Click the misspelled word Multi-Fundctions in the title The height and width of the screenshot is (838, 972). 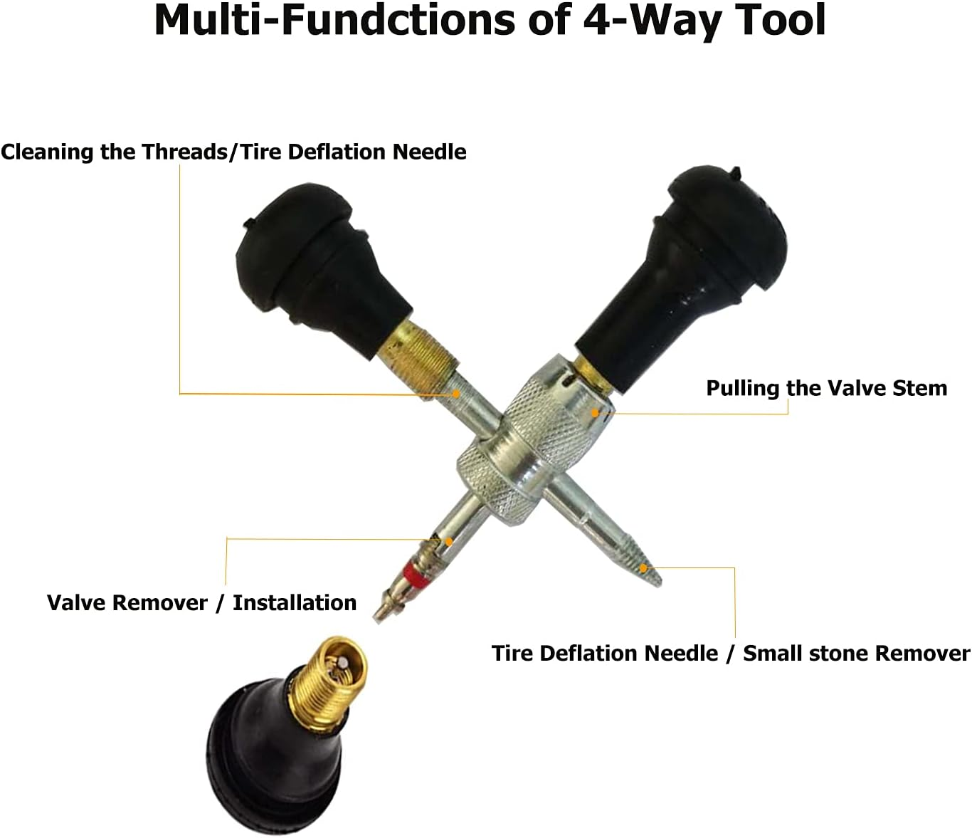[334, 20]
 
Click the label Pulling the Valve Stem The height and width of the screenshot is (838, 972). [826, 388]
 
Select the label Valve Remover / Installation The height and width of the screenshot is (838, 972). [201, 602]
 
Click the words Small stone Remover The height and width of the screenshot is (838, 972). [856, 653]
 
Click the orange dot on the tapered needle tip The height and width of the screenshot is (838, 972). [643, 567]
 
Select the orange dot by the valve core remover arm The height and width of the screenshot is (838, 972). [449, 541]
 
